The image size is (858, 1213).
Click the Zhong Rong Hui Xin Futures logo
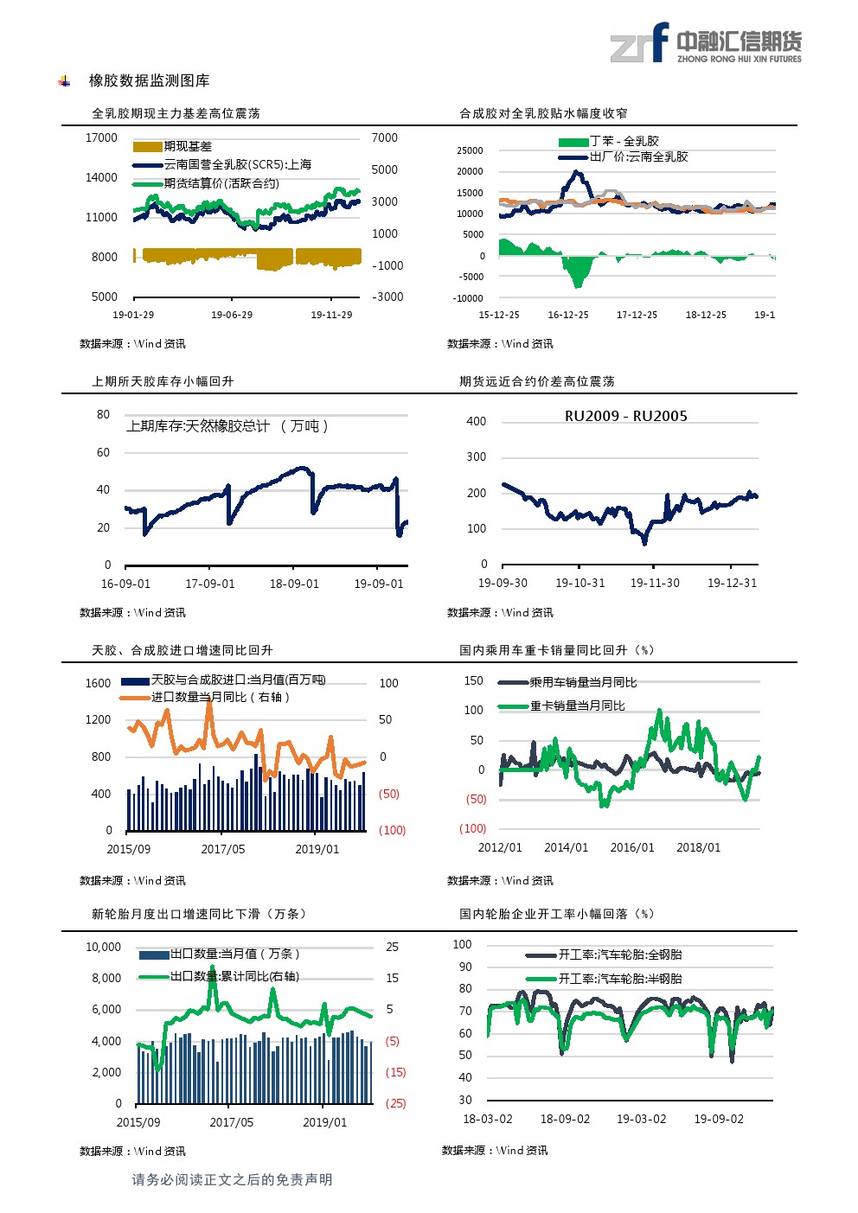click(x=705, y=43)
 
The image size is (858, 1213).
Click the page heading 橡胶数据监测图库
click(x=149, y=80)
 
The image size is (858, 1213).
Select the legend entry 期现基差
click(x=187, y=146)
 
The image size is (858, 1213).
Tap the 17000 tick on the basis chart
click(x=101, y=138)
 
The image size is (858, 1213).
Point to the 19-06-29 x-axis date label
click(x=232, y=315)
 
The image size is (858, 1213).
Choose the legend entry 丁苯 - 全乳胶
click(x=624, y=141)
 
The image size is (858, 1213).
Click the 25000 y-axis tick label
click(x=470, y=150)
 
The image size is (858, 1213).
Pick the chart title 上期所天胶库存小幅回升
click(x=163, y=381)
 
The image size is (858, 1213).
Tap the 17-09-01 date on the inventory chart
click(x=210, y=584)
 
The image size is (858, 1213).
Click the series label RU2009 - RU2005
click(x=625, y=416)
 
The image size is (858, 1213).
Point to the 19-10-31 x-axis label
click(x=579, y=583)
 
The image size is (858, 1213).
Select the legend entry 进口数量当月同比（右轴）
click(x=220, y=697)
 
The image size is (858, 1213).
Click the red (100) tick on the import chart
click(x=392, y=830)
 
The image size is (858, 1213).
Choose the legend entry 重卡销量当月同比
click(x=577, y=706)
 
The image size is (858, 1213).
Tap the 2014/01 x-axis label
click(x=566, y=847)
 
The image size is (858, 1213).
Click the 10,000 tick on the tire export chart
click(x=103, y=948)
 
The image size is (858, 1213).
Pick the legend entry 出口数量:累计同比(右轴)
click(x=234, y=976)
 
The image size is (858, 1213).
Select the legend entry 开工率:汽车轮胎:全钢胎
click(x=619, y=954)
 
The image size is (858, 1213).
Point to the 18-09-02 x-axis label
click(x=565, y=1119)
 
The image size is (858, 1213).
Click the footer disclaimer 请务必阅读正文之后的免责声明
click(x=232, y=1179)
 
